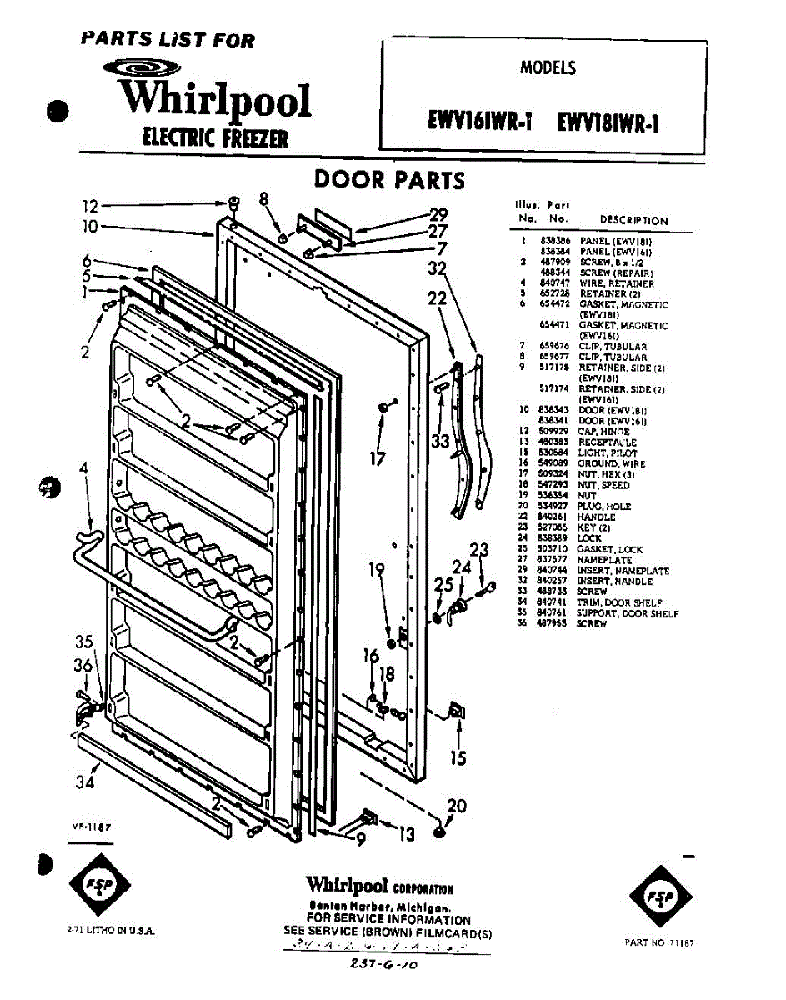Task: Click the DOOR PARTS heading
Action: [x=388, y=180]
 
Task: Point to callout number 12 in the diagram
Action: [x=90, y=206]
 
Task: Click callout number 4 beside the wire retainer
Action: [x=83, y=469]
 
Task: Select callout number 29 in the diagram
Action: [x=438, y=214]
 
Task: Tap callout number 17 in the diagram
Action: [x=379, y=457]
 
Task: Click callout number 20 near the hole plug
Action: [x=457, y=806]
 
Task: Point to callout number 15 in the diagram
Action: [x=458, y=757]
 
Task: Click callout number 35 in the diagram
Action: [x=84, y=642]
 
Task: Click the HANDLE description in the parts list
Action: [x=596, y=517]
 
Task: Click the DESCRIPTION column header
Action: [x=633, y=221]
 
